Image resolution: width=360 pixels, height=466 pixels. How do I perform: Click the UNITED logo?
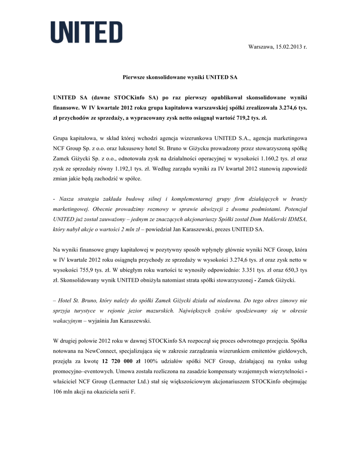(x=86, y=32)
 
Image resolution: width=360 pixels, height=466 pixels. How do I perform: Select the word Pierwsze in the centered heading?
(x=134, y=77)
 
